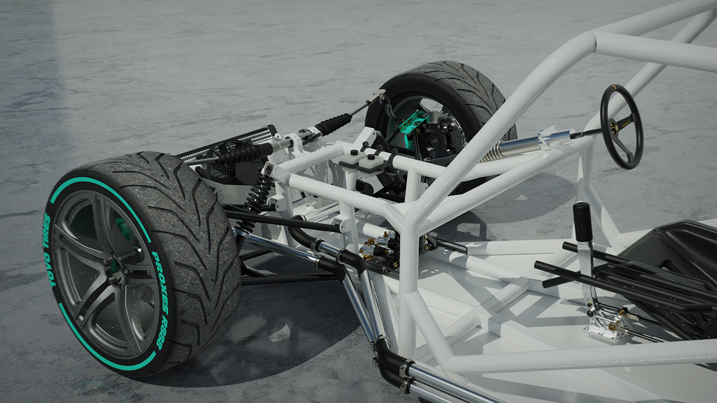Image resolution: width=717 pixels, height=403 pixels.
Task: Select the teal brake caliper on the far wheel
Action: tap(412, 123)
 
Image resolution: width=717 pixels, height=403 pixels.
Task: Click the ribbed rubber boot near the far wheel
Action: tap(333, 123)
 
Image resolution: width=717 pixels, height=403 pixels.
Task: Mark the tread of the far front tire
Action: tap(451, 82)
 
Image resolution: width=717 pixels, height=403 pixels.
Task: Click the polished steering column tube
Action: tap(517, 145)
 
